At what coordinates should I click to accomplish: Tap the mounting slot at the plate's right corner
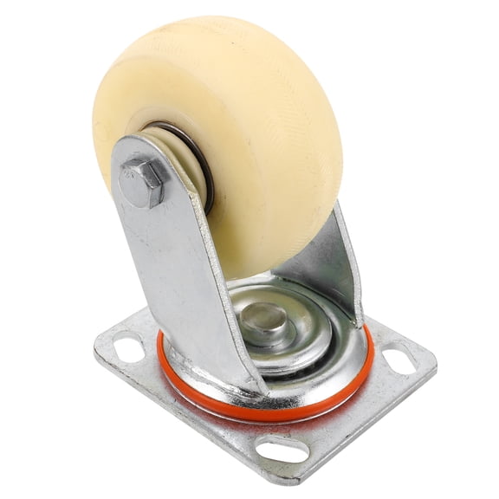[x=400, y=358]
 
